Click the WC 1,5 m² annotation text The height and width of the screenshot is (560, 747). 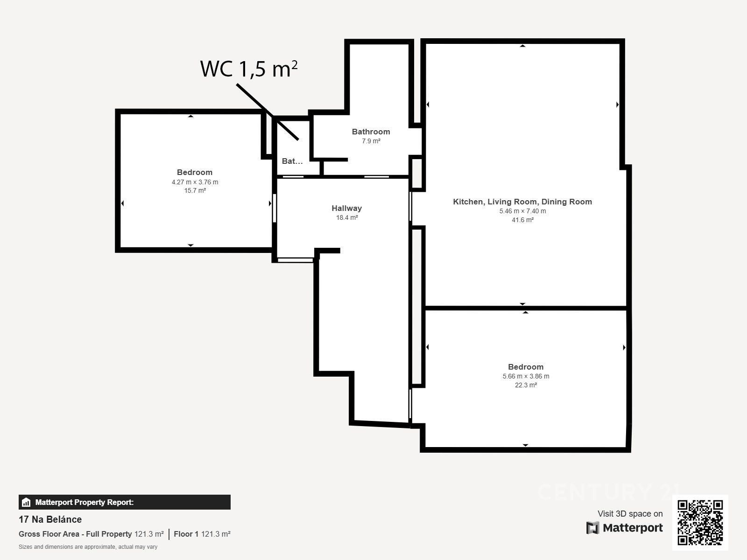(249, 69)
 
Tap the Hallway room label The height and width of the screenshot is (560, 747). (346, 208)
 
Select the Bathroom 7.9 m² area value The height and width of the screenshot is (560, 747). (371, 141)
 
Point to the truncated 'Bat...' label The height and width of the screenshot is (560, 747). (292, 161)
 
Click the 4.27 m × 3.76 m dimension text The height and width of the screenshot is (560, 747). (195, 182)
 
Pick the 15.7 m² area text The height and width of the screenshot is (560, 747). (195, 190)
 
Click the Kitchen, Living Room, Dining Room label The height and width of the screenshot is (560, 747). (522, 202)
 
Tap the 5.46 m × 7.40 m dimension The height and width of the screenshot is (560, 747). (522, 211)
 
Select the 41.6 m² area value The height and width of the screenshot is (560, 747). (522, 220)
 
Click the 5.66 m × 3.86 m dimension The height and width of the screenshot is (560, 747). (526, 376)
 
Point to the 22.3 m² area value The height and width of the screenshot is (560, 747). (526, 385)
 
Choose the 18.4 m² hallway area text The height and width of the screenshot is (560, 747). (347, 217)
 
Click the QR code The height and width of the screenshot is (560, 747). (700, 522)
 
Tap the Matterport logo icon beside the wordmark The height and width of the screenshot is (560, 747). (592, 528)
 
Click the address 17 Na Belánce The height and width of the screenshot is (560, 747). (50, 519)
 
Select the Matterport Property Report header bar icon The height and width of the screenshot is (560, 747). (26, 502)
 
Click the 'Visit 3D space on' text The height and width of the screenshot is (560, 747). (630, 513)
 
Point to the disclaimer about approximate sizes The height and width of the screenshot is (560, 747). (88, 547)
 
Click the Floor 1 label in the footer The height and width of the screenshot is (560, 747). (186, 534)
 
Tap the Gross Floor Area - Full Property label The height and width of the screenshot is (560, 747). (75, 534)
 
